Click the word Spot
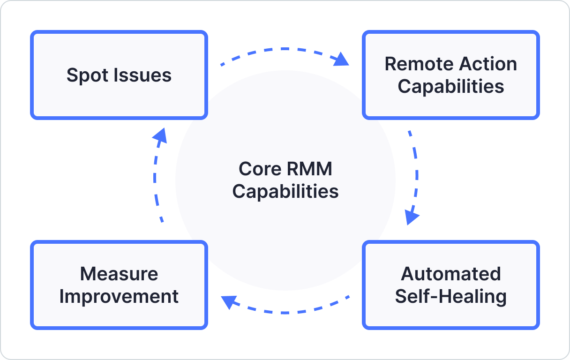[84, 75]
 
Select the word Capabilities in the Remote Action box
[450, 87]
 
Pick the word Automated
[450, 274]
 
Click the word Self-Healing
[450, 297]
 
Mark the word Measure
[119, 274]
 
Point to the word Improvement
[119, 297]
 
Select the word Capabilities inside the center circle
[285, 192]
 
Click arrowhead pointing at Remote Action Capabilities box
[343, 60]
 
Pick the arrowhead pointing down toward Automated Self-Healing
[412, 217]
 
